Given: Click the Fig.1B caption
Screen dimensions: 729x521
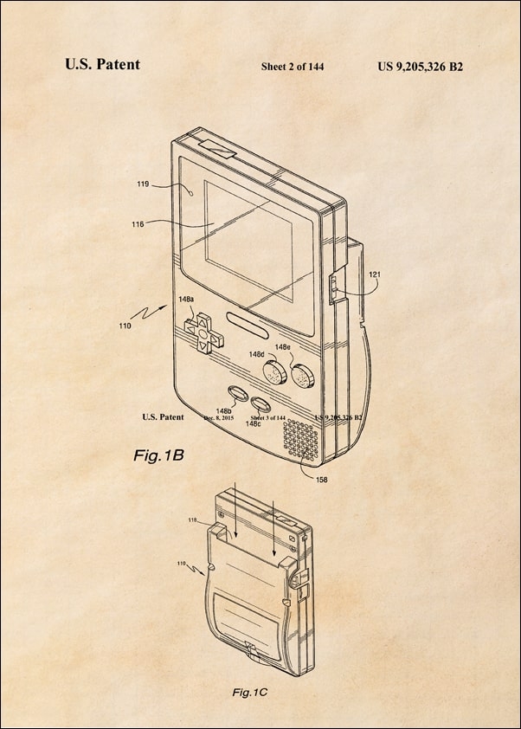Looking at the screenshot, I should (x=158, y=454).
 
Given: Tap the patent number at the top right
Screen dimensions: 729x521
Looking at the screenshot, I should (x=420, y=66).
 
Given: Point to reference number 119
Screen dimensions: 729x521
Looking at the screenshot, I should (x=143, y=184).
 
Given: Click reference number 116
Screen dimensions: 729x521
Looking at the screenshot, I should (x=138, y=224).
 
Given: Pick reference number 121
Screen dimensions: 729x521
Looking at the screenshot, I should (x=374, y=274).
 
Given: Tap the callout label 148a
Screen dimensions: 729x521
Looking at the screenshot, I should (x=186, y=299).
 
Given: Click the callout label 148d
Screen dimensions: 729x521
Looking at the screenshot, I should (x=256, y=354).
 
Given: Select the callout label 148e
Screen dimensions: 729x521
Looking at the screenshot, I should (x=282, y=347).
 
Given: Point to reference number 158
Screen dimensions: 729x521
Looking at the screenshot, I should (x=321, y=478).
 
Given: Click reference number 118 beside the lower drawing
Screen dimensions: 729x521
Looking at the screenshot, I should (x=193, y=520).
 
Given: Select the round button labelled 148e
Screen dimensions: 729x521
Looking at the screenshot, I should (x=302, y=376).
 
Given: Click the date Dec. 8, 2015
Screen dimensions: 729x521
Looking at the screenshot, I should (x=219, y=417).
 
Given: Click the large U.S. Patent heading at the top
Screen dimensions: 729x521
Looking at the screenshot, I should (x=102, y=64).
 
